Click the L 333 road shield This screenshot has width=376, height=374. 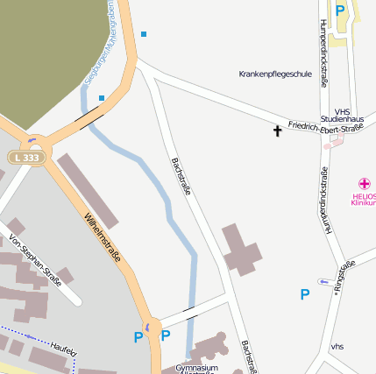click(27, 158)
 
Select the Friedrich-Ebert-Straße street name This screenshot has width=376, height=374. click(325, 128)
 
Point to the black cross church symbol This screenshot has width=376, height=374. click(278, 131)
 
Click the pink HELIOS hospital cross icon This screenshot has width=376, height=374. click(365, 173)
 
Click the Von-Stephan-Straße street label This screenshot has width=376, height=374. click(35, 261)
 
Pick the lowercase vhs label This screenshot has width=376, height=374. click(337, 347)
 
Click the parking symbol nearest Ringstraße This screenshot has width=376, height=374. click(304, 294)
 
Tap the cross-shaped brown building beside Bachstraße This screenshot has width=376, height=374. click(241, 249)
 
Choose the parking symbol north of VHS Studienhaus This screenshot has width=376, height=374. click(340, 11)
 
